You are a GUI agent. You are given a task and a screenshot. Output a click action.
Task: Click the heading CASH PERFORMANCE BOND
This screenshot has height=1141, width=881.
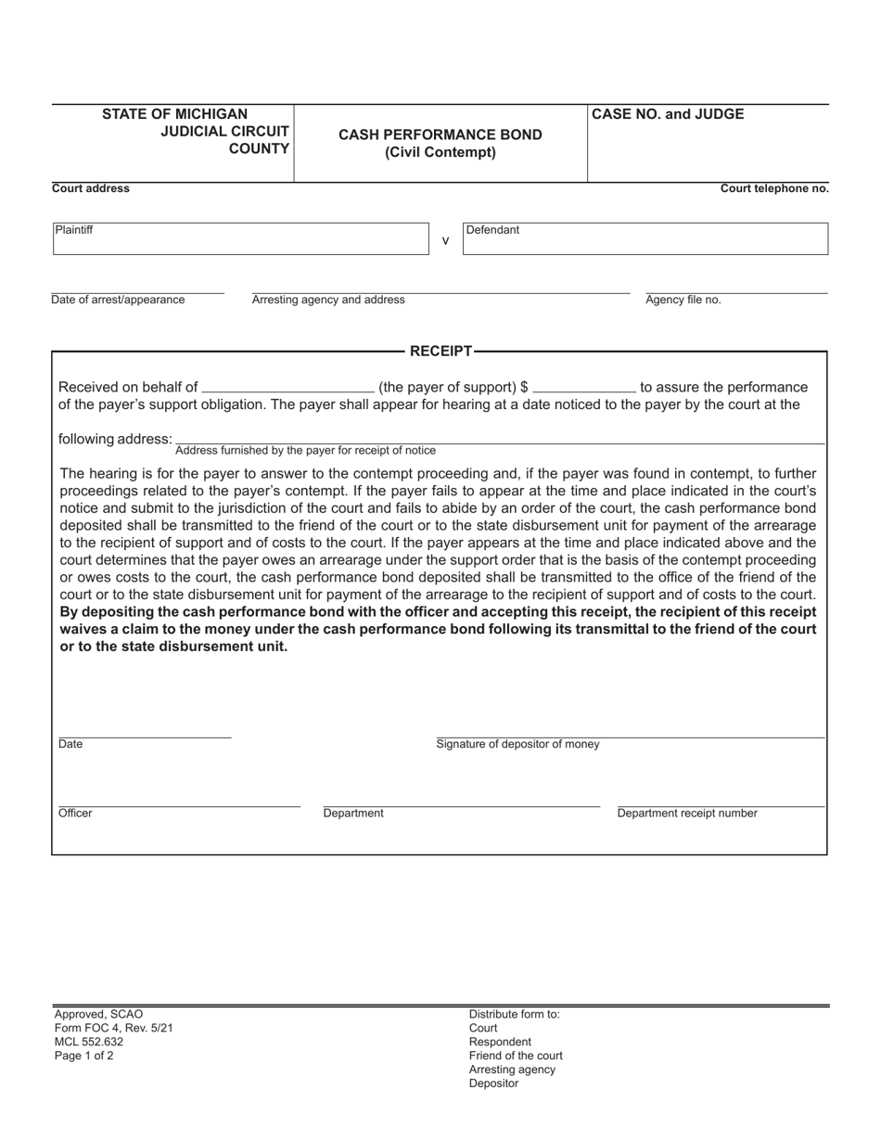440,135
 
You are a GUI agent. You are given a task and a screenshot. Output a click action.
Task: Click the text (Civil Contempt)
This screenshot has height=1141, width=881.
440,152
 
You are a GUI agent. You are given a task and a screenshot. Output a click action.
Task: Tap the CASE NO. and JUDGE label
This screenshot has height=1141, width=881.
668,114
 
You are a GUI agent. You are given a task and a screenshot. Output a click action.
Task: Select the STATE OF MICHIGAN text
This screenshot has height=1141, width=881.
174,114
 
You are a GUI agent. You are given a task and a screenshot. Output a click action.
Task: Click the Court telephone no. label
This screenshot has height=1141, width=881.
774,188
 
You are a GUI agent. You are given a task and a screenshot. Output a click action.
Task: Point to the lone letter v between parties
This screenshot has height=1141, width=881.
445,241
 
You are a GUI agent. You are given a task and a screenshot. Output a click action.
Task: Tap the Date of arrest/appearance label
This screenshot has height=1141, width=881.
118,300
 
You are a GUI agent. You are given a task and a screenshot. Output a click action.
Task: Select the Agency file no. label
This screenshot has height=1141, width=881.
683,300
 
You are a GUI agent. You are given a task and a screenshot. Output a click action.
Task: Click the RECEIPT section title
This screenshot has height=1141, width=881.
440,351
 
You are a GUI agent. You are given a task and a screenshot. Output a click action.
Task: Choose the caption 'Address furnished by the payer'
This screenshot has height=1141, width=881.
305,451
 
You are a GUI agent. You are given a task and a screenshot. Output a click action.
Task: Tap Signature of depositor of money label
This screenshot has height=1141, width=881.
517,744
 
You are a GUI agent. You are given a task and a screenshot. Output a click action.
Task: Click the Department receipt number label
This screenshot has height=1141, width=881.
687,814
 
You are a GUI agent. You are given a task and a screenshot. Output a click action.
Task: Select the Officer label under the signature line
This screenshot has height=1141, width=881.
75,814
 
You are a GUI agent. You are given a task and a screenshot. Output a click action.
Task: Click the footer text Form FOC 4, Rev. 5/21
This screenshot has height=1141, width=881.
113,1028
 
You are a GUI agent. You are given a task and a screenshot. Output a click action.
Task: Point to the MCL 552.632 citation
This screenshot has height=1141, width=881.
89,1042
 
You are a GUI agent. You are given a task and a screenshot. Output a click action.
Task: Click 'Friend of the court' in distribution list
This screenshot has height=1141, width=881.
516,1056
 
